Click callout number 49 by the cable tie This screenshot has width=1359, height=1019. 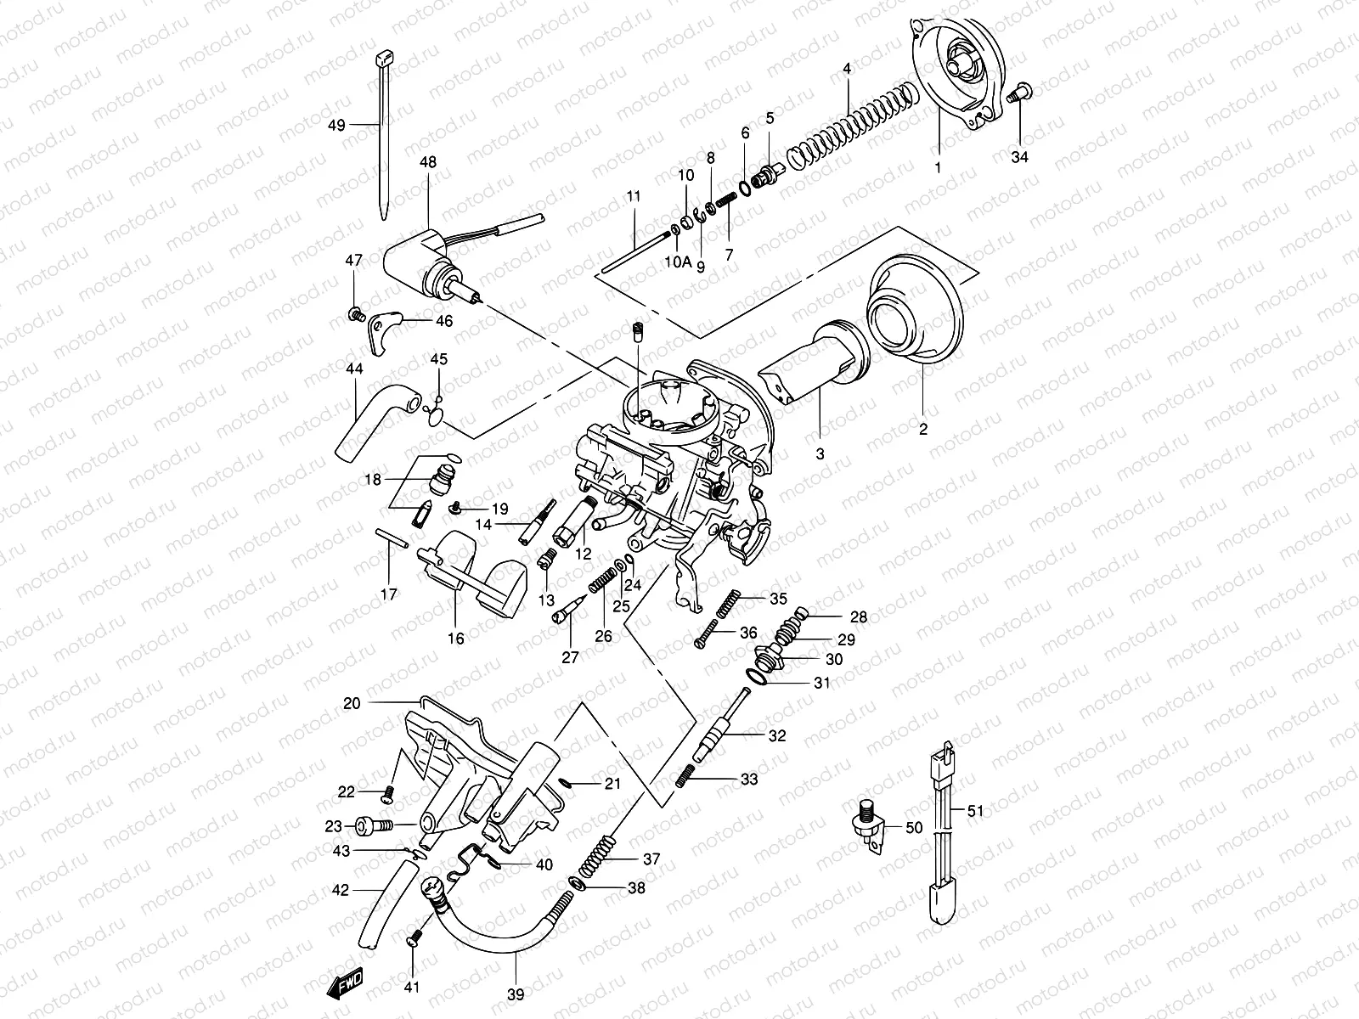pyautogui.click(x=337, y=126)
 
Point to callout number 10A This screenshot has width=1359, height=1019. pyautogui.click(x=678, y=262)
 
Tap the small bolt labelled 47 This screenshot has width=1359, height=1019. pyautogui.click(x=356, y=315)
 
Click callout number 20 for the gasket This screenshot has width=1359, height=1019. pyautogui.click(x=352, y=703)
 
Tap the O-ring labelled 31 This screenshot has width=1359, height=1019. pyautogui.click(x=759, y=676)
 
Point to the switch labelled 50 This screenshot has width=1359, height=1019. pyautogui.click(x=871, y=825)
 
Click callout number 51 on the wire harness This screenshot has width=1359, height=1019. pyautogui.click(x=975, y=811)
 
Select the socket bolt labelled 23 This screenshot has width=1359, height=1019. pyautogui.click(x=371, y=825)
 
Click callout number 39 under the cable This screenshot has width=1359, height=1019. pyautogui.click(x=516, y=994)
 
